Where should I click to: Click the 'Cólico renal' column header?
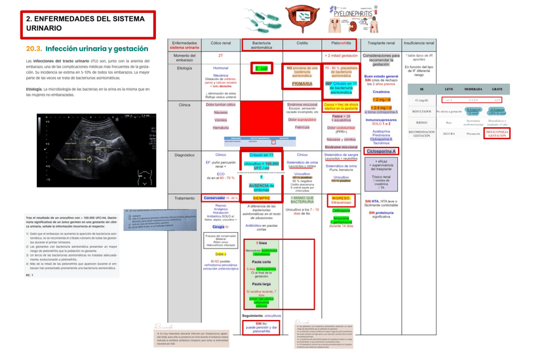click(220, 44)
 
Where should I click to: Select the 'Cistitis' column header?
click(302, 44)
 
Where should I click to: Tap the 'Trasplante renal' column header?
click(381, 44)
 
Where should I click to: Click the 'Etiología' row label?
click(184, 68)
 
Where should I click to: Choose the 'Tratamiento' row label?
click(184, 197)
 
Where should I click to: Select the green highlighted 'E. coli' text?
click(261, 68)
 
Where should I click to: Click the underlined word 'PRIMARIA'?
click(302, 83)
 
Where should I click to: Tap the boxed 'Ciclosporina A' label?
click(381, 151)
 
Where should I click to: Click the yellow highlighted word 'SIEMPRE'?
click(261, 197)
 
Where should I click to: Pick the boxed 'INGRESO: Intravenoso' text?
click(341, 200)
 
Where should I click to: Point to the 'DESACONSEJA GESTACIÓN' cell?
click(497, 134)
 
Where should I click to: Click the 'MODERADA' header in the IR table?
click(473, 89)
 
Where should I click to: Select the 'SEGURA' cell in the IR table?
click(448, 134)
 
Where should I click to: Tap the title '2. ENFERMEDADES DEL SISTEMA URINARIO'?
click(85, 24)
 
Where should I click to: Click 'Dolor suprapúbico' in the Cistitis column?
click(302, 120)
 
